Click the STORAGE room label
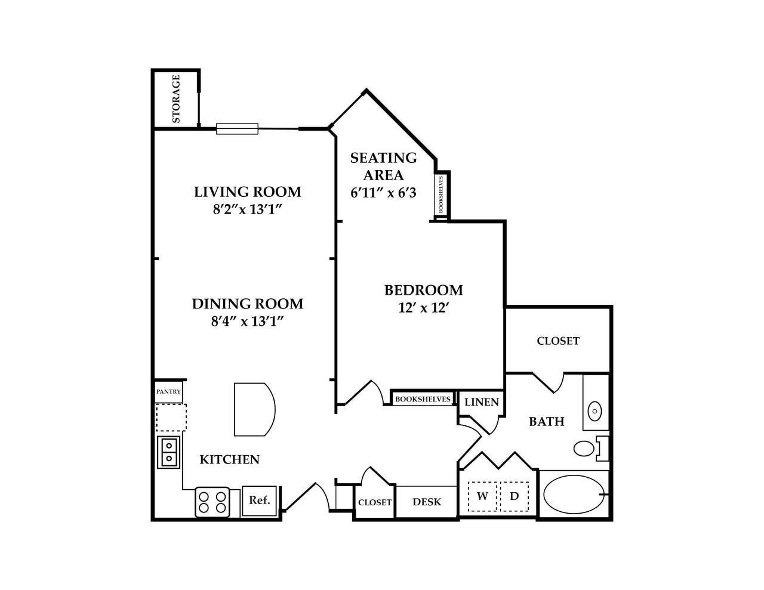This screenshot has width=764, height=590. [x=176, y=98]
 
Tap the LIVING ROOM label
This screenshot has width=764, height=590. [x=247, y=192]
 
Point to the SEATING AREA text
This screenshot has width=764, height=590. [x=383, y=166]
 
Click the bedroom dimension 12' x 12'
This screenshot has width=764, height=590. [x=423, y=308]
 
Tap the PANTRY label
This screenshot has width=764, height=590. [x=168, y=392]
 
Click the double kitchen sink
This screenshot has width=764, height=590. [x=169, y=452]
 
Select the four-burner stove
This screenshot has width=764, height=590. [x=212, y=502]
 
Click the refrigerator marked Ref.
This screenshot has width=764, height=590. [x=260, y=501]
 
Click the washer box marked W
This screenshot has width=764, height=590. [x=482, y=496]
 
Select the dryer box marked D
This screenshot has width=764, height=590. [x=514, y=496]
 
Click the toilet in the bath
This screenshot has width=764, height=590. [x=588, y=448]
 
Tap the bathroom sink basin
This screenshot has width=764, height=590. [x=595, y=411]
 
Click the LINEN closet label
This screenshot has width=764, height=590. [x=481, y=402]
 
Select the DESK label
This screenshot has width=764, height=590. [x=427, y=502]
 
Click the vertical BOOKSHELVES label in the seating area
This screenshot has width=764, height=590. [x=441, y=194]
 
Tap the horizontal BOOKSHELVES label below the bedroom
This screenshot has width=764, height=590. [x=423, y=399]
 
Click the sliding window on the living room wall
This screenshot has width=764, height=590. [x=237, y=128]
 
